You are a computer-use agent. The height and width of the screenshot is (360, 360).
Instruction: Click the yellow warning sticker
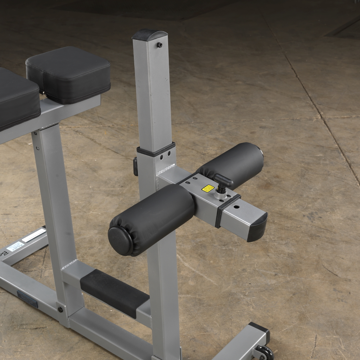pos(208,188)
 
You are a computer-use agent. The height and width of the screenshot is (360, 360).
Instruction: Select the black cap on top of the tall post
pos(150,35)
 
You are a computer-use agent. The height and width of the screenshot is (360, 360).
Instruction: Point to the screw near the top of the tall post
pos(159,45)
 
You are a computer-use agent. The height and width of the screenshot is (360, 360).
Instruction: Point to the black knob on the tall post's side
pos(135,166)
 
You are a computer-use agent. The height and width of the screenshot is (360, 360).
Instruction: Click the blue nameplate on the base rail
pos(27,299)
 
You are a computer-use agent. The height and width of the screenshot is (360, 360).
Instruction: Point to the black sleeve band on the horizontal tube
pos(228,211)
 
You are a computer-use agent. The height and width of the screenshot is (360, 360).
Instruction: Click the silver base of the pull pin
pos(220,195)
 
